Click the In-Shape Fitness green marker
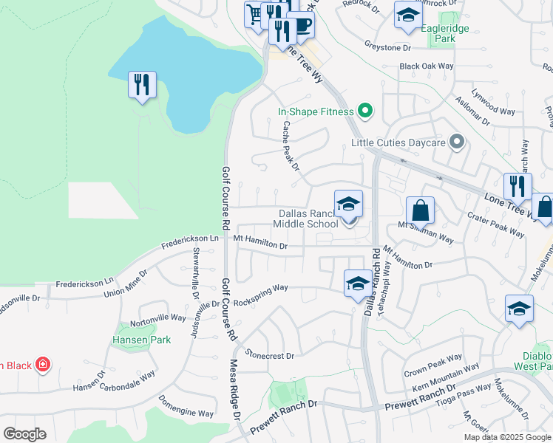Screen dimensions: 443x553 point(364,111)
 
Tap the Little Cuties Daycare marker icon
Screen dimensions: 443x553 point(457,141)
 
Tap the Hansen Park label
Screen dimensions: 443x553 point(141,340)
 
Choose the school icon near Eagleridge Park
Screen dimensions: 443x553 point(407,15)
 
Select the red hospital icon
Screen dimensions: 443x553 point(43,365)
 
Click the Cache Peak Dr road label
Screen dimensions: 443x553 point(290,145)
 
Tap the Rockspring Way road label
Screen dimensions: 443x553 point(260,301)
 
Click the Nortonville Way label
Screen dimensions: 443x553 point(158,322)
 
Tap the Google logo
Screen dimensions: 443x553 point(24,434)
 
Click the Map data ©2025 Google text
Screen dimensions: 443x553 point(507,437)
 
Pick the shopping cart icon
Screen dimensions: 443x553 point(255,14)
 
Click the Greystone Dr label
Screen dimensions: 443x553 point(387,47)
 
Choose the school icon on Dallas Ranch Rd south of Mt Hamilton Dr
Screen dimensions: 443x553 point(357,284)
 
